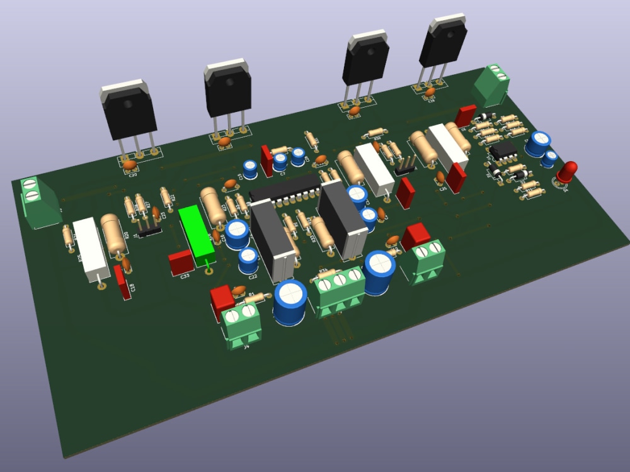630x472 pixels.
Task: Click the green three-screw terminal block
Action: [x=341, y=289]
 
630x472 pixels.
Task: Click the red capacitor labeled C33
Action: [x=181, y=262]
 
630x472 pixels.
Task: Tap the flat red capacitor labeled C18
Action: [x=120, y=281]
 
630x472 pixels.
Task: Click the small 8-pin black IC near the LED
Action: [x=504, y=150]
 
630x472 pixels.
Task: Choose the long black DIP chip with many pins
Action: [x=285, y=189]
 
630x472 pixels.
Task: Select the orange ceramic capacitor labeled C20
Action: [x=130, y=165]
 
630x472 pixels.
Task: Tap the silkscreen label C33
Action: [x=185, y=276]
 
